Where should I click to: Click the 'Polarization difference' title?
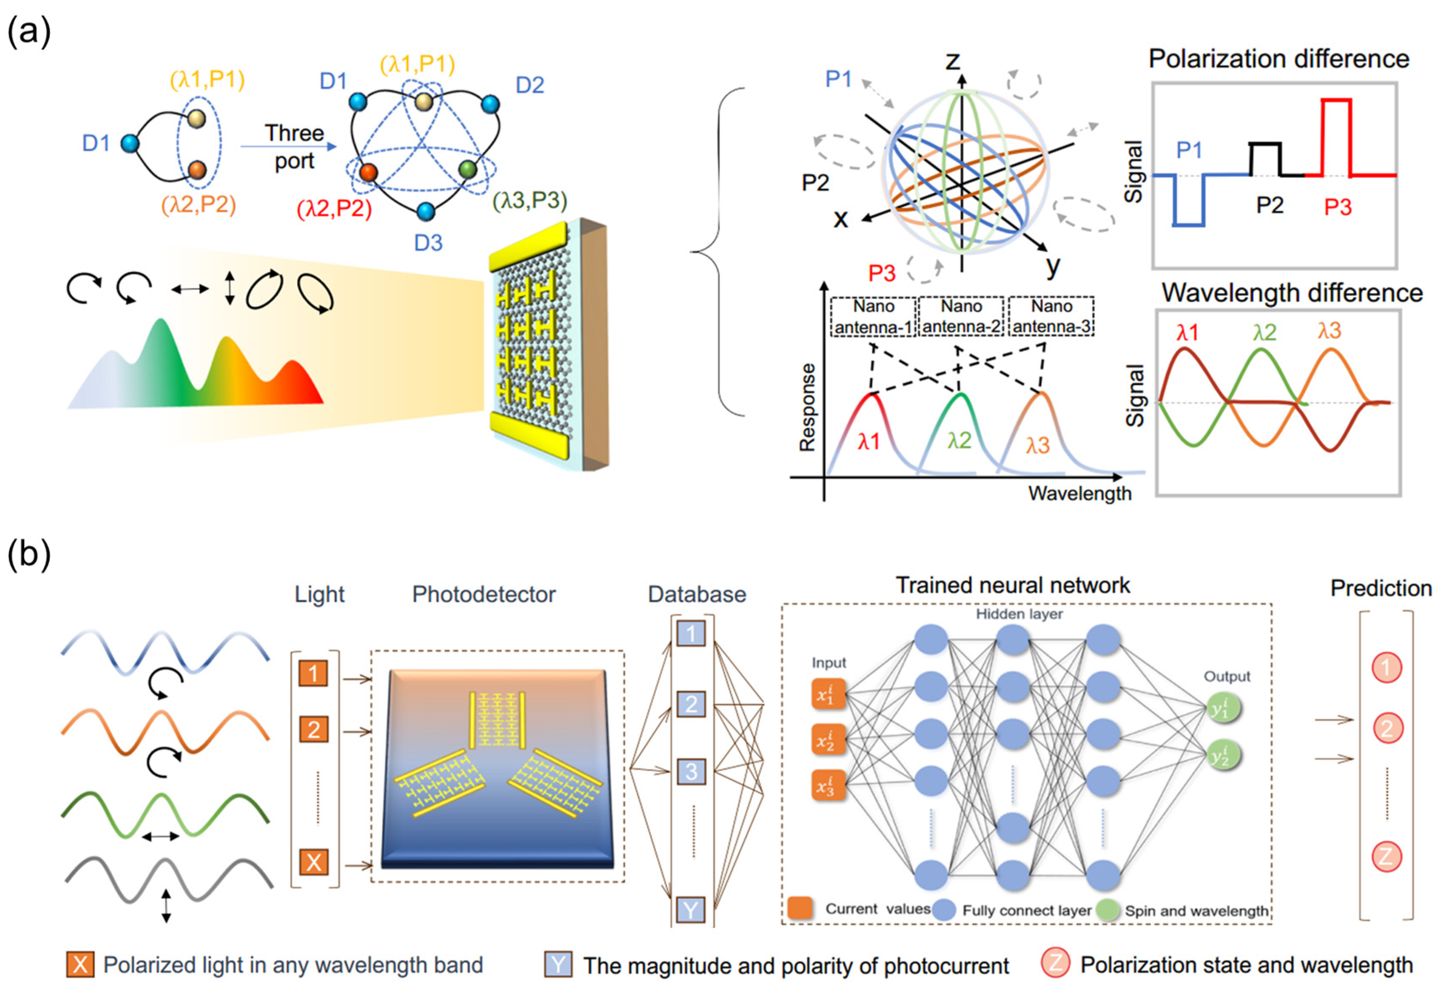click(1278, 59)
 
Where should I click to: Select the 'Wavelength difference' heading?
click(1291, 292)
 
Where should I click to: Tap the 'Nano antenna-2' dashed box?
click(961, 317)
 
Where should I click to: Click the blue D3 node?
click(425, 211)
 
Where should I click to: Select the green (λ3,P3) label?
click(529, 201)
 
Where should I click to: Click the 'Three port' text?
click(294, 147)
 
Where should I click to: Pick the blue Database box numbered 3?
click(691, 771)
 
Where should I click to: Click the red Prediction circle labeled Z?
click(1386, 856)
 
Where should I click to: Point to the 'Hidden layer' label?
click(1019, 614)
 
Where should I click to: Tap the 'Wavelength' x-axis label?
click(1080, 493)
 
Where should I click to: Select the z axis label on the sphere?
click(952, 61)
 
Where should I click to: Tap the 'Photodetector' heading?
click(484, 594)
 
